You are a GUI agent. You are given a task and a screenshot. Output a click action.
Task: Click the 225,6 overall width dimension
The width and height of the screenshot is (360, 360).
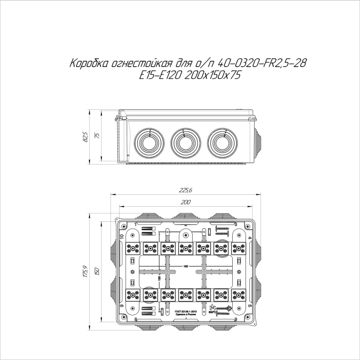click(x=186, y=191)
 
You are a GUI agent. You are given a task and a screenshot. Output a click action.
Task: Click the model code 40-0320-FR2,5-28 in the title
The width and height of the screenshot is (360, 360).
click(x=259, y=64)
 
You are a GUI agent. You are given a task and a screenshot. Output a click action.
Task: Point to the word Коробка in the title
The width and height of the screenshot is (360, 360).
click(x=86, y=64)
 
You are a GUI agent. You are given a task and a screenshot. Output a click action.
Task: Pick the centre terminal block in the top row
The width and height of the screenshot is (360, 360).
click(x=185, y=247)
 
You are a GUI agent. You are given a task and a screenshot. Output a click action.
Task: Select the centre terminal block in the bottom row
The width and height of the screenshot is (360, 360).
click(x=185, y=296)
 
